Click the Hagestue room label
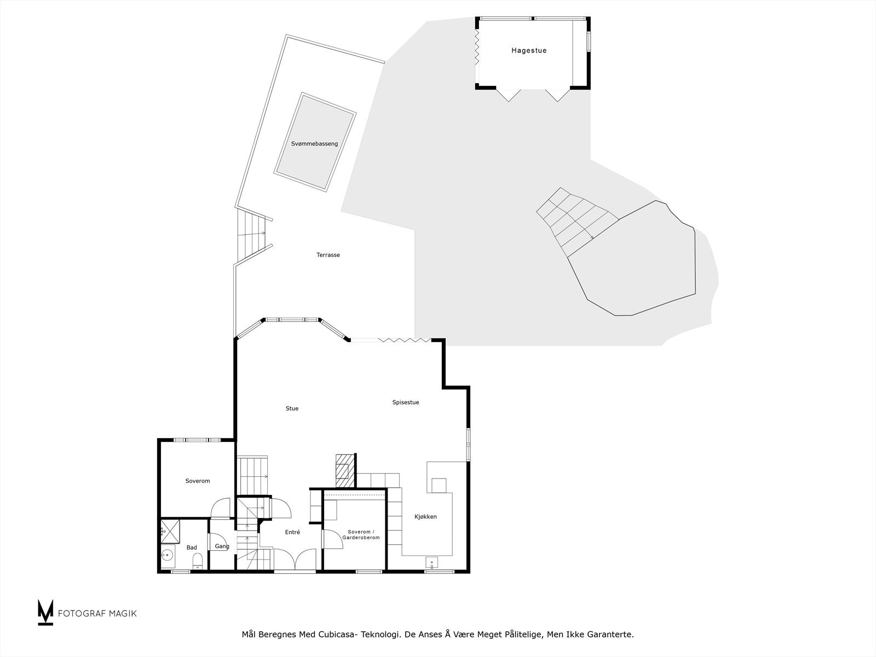pos(529,50)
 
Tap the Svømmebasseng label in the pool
pos(314,143)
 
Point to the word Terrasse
pos(328,255)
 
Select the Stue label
pos(292,408)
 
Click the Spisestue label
pos(405,402)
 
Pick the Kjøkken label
pos(425,517)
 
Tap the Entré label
pos(292,532)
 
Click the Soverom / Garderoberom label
pos(361,535)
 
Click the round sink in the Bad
pos(167,555)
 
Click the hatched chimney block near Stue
pos(344,470)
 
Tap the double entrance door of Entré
pos(295,560)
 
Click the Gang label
pos(222,546)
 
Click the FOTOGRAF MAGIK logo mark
pos(45,612)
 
